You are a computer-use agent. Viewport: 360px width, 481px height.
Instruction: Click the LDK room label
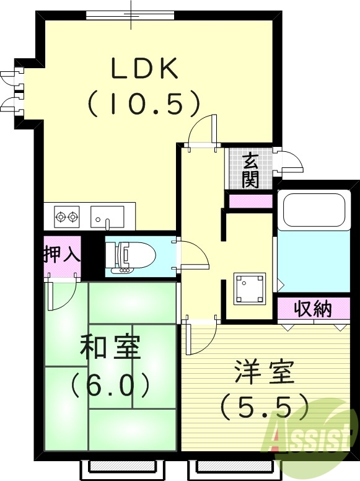pos(145,69)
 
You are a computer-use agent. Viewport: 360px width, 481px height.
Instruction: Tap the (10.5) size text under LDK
pos(144,104)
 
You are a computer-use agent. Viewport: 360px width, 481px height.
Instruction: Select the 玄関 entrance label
pos(250,170)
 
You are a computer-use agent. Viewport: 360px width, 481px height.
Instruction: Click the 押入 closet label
pos(62,255)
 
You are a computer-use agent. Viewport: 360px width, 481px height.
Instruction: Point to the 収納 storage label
pos(313,309)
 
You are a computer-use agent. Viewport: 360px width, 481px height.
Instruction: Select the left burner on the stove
pos(61,217)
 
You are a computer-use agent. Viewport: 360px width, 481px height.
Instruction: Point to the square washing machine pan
pos(250,289)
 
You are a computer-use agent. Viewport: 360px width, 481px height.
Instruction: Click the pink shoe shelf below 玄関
pos(251,201)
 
